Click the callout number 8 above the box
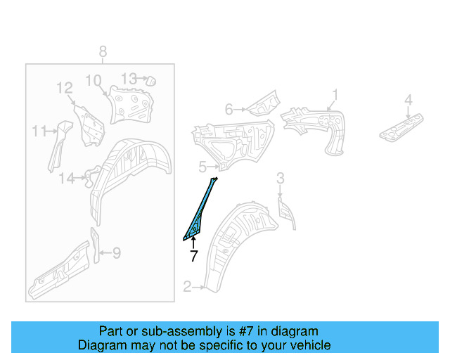pyautogui.click(x=103, y=51)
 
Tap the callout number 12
pyautogui.click(x=65, y=88)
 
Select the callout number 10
pyautogui.click(x=94, y=80)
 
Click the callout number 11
pyautogui.click(x=39, y=130)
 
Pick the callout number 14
pyautogui.click(x=65, y=179)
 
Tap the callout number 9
pyautogui.click(x=117, y=252)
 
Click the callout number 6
pyautogui.click(x=229, y=109)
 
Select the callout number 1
pyautogui.click(x=335, y=94)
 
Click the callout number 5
pyautogui.click(x=202, y=167)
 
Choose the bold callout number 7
pyautogui.click(x=193, y=256)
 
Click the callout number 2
pyautogui.click(x=187, y=286)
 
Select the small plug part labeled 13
pyautogui.click(x=149, y=80)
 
